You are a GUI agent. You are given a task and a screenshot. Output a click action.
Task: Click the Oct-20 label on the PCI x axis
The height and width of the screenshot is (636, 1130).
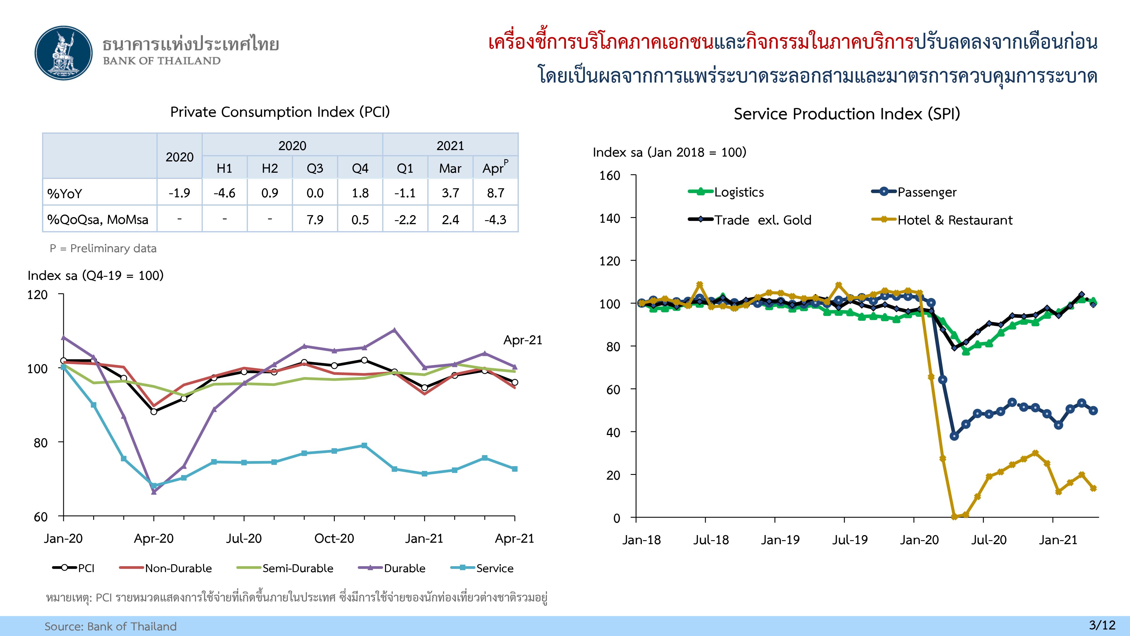point(334,538)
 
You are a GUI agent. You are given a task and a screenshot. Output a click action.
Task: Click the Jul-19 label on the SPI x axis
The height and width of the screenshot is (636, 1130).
point(850,540)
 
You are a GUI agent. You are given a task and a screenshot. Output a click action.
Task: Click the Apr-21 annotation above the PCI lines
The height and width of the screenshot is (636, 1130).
point(522,340)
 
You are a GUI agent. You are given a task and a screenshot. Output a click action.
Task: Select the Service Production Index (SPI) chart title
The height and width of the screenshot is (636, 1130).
point(847,114)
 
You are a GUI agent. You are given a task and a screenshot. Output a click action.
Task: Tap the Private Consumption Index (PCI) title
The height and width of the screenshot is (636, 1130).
point(280,112)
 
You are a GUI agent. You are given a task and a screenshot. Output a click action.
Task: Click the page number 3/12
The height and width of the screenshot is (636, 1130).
point(1102,625)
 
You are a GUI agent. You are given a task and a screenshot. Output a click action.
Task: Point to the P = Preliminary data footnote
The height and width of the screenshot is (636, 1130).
point(103,248)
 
